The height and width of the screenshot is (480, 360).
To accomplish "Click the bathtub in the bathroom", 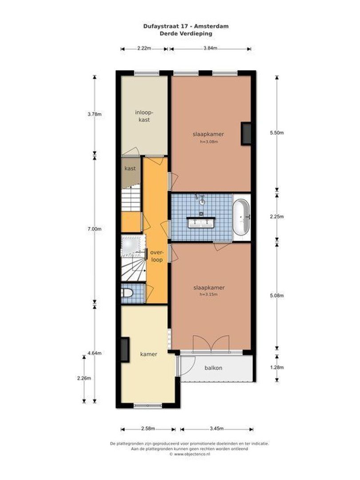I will (242, 217).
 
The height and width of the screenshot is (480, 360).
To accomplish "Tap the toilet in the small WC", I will (128, 293).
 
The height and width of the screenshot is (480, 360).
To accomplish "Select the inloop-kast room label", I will (143, 116).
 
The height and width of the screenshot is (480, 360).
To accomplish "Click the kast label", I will (130, 168).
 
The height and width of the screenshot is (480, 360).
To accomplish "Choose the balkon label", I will (213, 368).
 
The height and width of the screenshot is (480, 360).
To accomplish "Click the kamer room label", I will (149, 354).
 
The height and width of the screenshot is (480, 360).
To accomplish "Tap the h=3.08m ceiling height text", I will (208, 142).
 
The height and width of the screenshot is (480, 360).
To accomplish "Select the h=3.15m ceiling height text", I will (209, 295).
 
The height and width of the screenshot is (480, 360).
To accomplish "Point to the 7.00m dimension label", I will (95, 229).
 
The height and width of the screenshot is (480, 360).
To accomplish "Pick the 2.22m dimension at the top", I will (144, 48).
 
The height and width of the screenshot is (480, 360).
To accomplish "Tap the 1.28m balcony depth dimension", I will (276, 368).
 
